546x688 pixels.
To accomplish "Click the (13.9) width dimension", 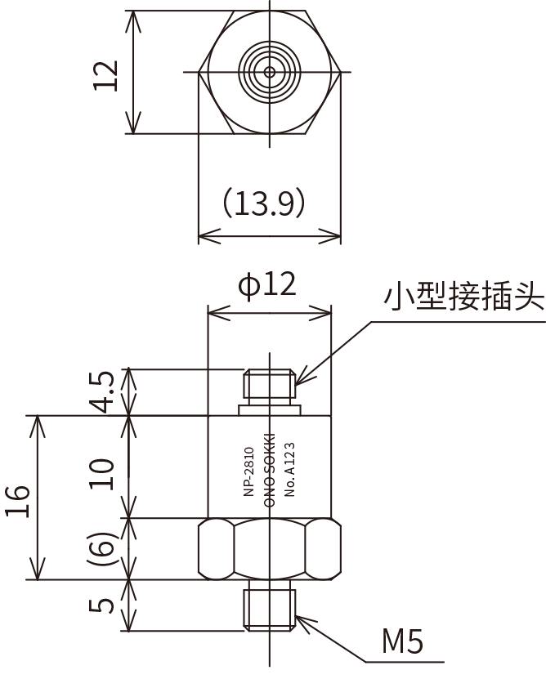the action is click(x=263, y=203).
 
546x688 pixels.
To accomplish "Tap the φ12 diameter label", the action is click(x=266, y=285).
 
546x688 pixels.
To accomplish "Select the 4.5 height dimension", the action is click(x=104, y=392).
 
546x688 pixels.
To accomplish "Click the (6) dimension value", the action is click(x=102, y=549).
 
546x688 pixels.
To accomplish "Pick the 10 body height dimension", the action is click(x=102, y=474).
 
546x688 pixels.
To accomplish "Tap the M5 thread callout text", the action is click(x=402, y=641).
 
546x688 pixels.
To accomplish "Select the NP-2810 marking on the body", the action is click(x=248, y=471).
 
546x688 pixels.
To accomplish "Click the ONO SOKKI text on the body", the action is click(x=270, y=470).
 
